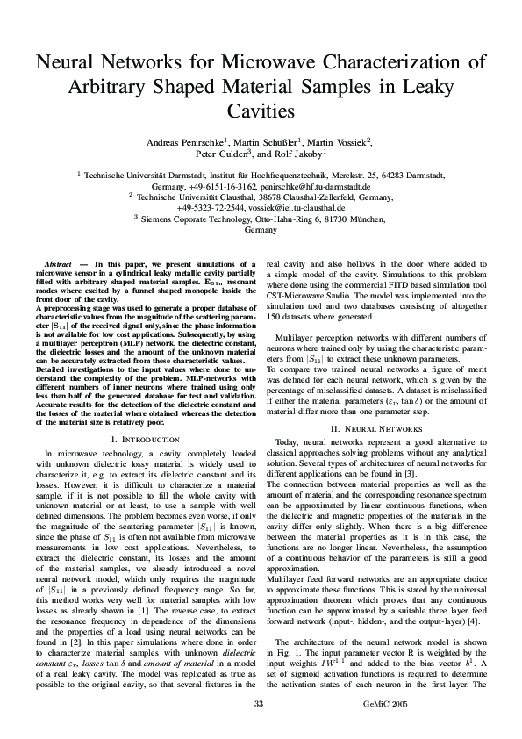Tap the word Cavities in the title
[x=261, y=111]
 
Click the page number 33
[x=258, y=704]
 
